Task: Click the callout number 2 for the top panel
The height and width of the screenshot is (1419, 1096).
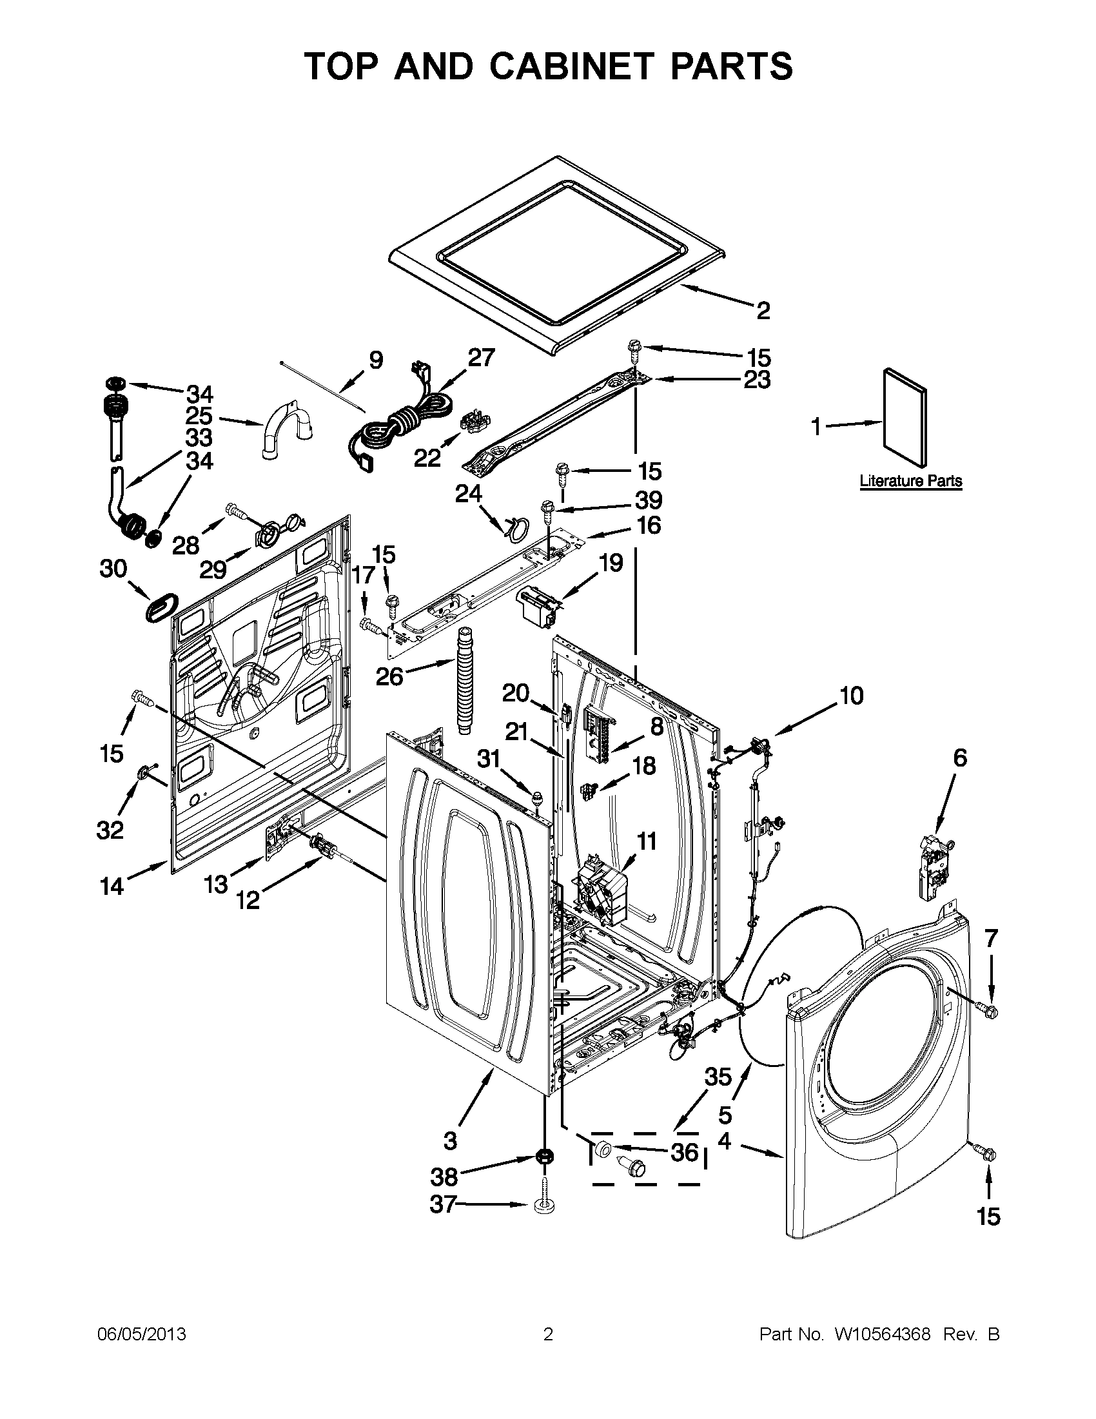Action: coord(763,311)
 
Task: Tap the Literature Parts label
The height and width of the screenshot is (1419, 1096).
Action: coord(911,482)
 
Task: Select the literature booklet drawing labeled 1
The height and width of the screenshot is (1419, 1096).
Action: coord(906,417)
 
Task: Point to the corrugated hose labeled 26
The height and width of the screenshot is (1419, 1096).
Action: coord(465,678)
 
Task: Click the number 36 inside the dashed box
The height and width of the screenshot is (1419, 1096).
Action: coord(684,1152)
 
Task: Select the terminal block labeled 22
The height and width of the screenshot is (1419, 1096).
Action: coord(474,422)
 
